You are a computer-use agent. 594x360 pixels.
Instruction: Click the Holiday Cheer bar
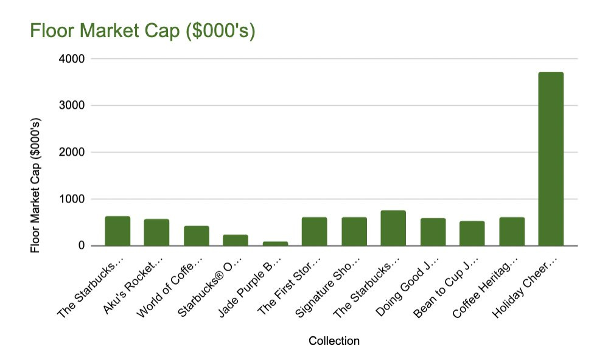(551, 159)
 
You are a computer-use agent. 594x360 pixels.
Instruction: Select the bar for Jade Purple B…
(275, 243)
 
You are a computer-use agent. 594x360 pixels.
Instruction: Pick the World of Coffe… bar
(197, 236)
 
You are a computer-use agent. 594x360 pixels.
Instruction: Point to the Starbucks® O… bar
(236, 240)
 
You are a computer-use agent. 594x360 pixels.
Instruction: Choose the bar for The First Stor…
(314, 232)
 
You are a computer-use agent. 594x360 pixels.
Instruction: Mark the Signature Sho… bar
(354, 232)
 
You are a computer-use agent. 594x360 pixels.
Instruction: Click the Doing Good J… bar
(433, 232)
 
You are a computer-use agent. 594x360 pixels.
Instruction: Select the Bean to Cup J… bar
(472, 234)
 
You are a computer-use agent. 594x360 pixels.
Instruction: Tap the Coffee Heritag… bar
(512, 232)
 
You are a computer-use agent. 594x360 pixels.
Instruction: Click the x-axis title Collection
(334, 341)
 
